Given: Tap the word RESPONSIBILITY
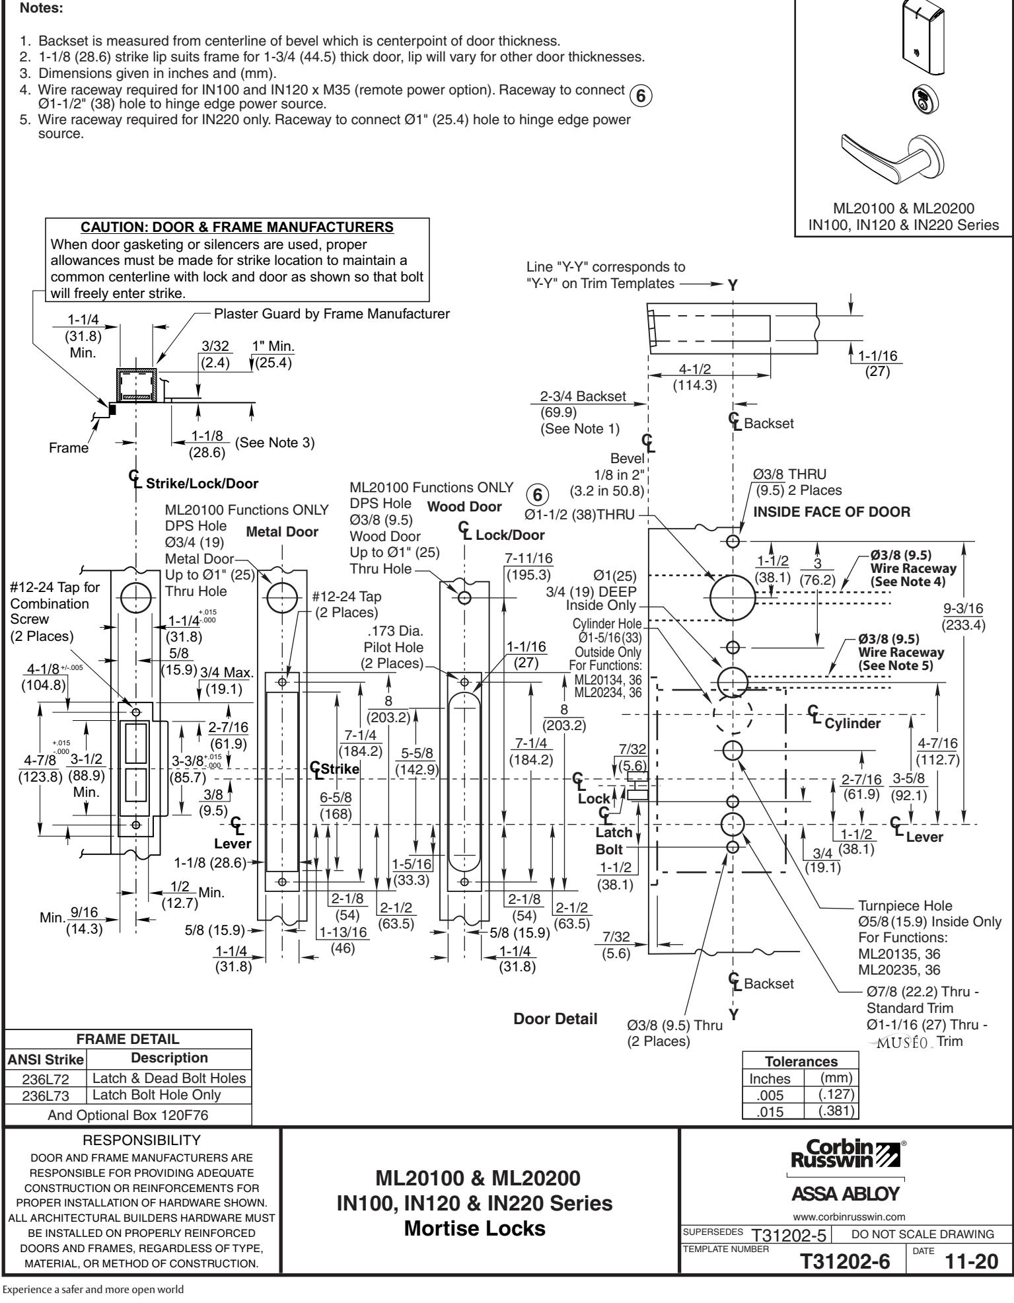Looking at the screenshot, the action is (x=142, y=1139).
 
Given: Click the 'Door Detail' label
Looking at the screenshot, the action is (x=556, y=1019).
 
